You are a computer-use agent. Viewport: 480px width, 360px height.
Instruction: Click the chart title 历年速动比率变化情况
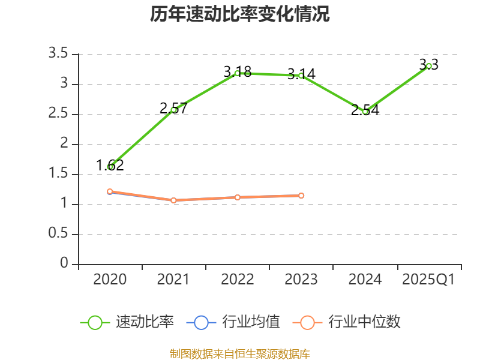click(240, 14)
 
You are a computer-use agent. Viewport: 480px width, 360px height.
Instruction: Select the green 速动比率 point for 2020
click(110, 167)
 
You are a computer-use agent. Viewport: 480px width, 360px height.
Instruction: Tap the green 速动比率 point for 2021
click(174, 110)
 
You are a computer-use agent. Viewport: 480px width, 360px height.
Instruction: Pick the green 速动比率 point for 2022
click(238, 73)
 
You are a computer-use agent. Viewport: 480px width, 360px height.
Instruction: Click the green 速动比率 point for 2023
click(301, 76)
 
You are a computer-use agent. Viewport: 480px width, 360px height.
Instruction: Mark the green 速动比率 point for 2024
click(365, 112)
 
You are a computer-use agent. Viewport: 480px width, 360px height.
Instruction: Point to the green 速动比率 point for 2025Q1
click(429, 66)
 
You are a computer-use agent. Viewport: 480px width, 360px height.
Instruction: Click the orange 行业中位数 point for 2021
click(174, 200)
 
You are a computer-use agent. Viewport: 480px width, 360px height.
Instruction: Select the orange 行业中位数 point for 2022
click(238, 197)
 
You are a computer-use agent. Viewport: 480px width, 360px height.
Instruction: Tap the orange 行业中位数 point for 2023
click(301, 196)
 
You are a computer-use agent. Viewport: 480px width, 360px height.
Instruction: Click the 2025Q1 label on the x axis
click(428, 280)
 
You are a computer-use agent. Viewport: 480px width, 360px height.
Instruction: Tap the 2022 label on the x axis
click(238, 280)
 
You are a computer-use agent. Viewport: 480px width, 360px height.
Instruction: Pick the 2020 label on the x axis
click(110, 280)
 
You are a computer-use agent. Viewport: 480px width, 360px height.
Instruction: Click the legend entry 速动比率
click(145, 322)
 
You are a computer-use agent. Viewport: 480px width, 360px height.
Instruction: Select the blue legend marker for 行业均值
click(202, 322)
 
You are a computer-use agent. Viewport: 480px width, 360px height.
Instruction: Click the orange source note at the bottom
click(240, 353)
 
